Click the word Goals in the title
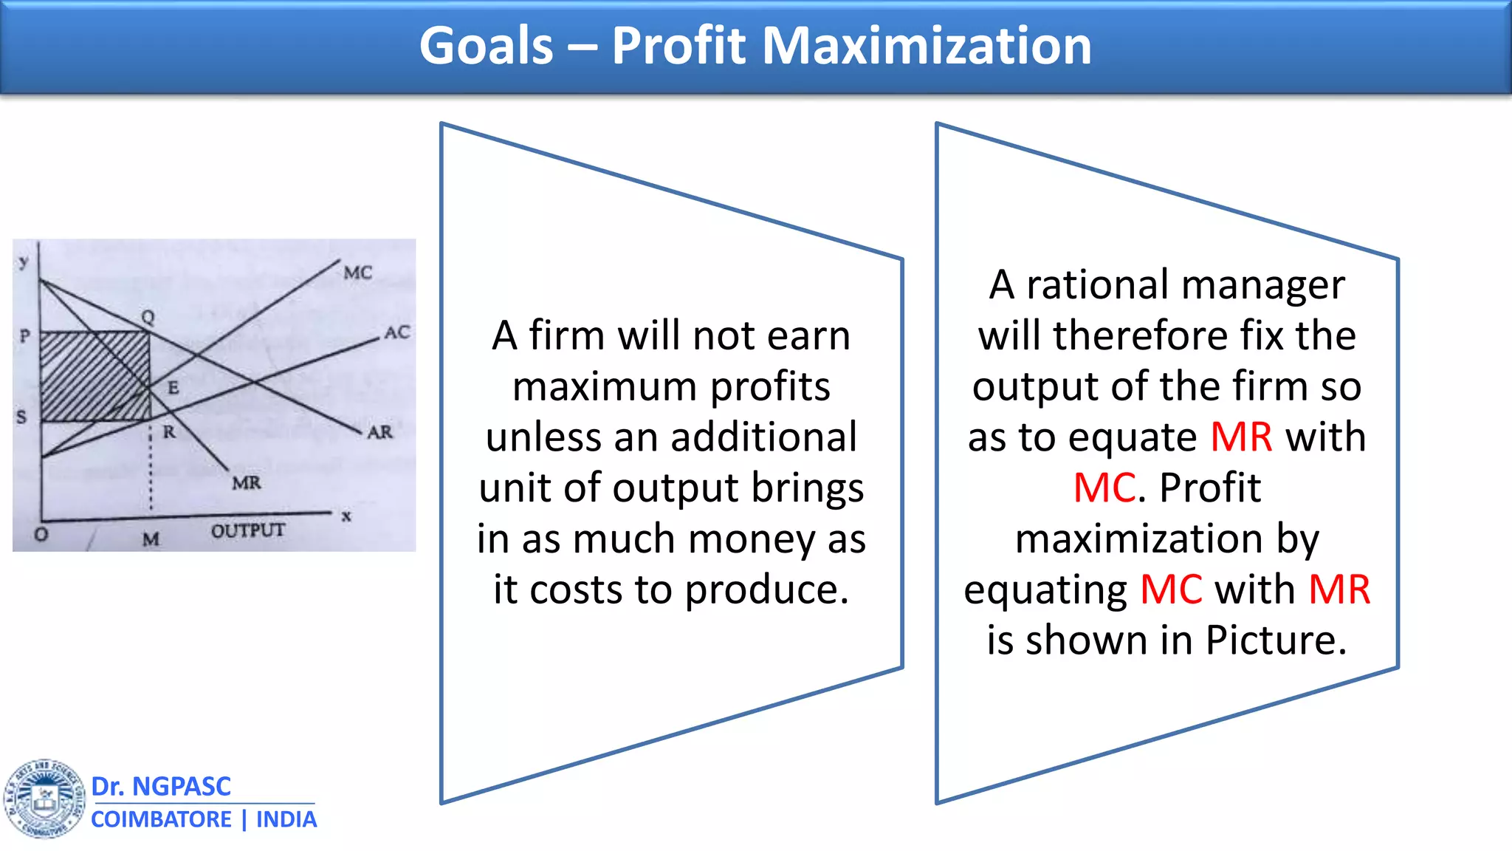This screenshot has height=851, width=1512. tap(486, 46)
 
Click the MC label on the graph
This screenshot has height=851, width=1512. tap(358, 273)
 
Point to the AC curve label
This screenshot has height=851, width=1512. tap(396, 332)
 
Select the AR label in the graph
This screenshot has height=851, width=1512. tap(379, 432)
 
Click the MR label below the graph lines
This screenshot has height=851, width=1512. tap(247, 483)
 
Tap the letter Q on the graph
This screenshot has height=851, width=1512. tap(148, 317)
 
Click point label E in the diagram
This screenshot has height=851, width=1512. tap(173, 388)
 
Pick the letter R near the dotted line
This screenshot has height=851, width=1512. tap(169, 432)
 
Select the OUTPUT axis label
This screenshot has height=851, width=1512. tap(247, 530)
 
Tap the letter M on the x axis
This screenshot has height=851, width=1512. tap(151, 539)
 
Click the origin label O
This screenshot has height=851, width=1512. tap(41, 534)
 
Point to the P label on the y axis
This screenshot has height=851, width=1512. tap(25, 336)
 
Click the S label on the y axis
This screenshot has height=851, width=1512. tap(21, 417)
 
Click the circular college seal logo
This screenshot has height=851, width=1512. tap(44, 799)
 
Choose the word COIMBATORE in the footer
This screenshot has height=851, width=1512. tap(161, 819)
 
